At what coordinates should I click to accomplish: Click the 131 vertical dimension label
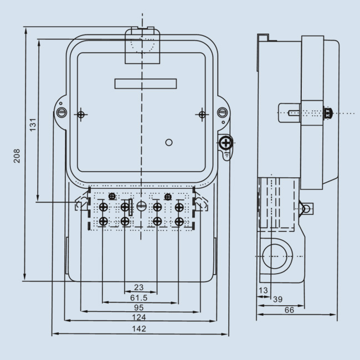(x=33, y=125)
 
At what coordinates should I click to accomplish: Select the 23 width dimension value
(x=139, y=287)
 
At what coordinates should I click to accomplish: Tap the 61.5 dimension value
(x=139, y=297)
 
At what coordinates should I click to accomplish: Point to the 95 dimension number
(x=139, y=307)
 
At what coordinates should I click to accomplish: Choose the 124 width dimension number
(x=139, y=317)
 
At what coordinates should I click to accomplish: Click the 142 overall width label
(x=139, y=328)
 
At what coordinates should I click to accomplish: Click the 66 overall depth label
(x=290, y=310)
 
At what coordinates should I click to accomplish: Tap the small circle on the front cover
(x=169, y=142)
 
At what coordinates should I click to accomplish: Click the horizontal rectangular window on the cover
(x=145, y=84)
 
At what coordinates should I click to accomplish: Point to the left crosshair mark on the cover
(x=81, y=114)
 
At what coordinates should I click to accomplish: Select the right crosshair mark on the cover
(x=202, y=114)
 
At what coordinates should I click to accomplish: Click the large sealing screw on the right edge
(x=225, y=143)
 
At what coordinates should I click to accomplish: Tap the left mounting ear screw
(x=61, y=113)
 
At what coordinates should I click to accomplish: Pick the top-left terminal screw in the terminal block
(x=103, y=207)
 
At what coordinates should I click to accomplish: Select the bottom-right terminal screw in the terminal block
(x=179, y=222)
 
